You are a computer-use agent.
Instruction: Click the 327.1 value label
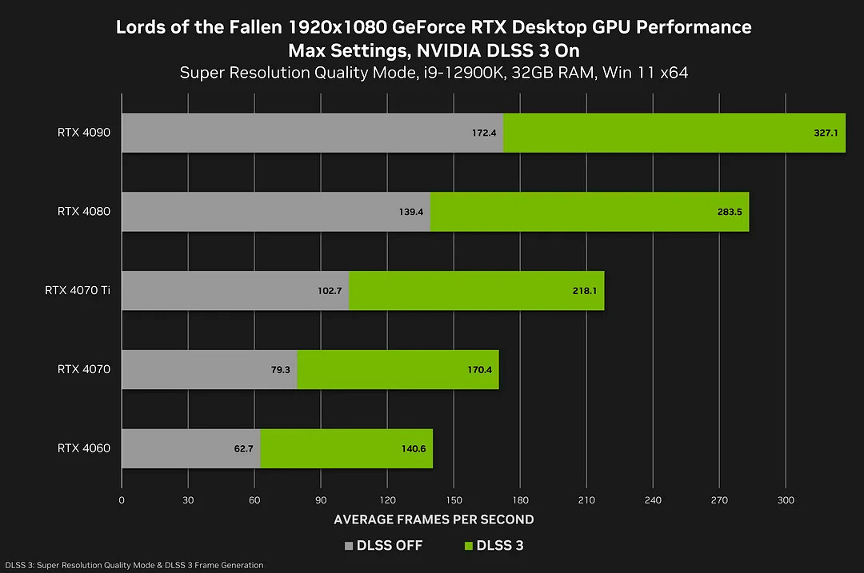(x=826, y=133)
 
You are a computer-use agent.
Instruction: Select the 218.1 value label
(x=584, y=291)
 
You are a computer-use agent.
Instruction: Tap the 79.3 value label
(x=280, y=370)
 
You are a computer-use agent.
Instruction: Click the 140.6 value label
(x=414, y=449)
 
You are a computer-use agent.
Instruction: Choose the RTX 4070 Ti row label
(x=78, y=290)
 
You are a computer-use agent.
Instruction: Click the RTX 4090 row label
(x=84, y=132)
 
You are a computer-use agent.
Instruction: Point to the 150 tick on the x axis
(x=454, y=500)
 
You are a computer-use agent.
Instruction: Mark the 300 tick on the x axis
(x=786, y=500)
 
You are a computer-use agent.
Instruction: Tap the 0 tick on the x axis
(x=122, y=500)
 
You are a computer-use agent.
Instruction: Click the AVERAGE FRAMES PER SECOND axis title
(x=434, y=519)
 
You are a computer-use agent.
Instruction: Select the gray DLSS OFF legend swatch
(x=348, y=547)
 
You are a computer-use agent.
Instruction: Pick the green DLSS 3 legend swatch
(x=468, y=547)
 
